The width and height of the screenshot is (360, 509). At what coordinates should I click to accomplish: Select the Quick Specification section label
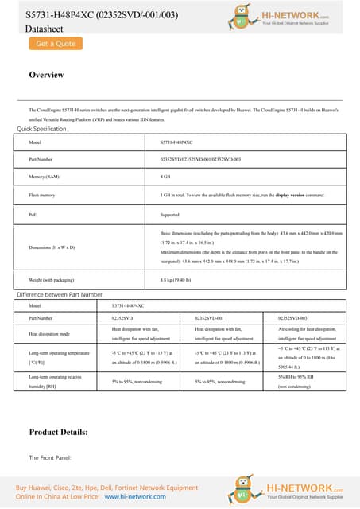tap(47, 128)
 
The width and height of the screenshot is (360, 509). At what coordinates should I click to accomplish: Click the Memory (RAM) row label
tap(45, 177)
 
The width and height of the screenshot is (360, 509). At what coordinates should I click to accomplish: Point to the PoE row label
tap(33, 214)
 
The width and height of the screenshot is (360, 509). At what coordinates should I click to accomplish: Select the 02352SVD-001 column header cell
tap(211, 317)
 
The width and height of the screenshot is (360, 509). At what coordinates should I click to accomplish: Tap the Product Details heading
tap(68, 433)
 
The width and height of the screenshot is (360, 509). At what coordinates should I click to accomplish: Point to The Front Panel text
tap(50, 458)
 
